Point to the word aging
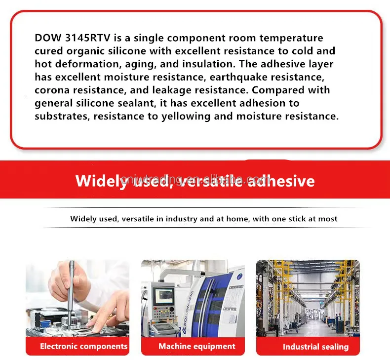pyautogui.click(x=132, y=64)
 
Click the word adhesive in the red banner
pyautogui.click(x=281, y=181)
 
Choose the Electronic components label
pyautogui.click(x=83, y=346)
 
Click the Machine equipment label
pyautogui.click(x=197, y=346)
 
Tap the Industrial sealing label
pyautogui.click(x=315, y=347)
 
